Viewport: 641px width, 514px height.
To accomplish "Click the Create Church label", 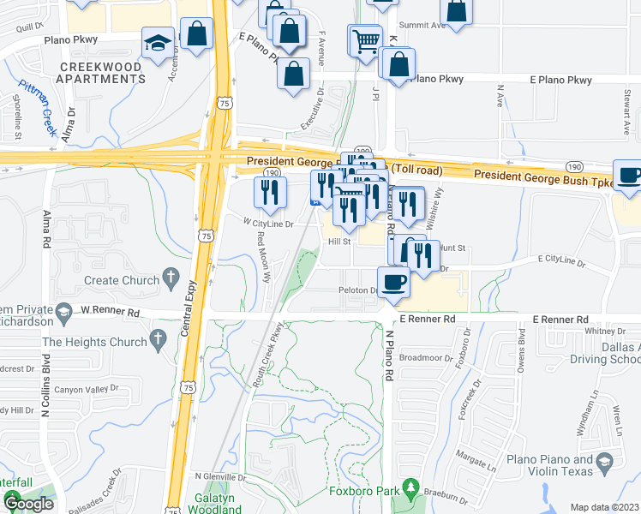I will [121, 280].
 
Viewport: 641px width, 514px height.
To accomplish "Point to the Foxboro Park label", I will [365, 492].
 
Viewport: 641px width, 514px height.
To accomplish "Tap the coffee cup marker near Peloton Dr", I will [394, 282].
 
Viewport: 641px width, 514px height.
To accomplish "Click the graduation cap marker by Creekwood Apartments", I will [159, 42].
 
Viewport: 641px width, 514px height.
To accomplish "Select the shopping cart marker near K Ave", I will [365, 39].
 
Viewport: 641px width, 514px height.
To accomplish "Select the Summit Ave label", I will [426, 26].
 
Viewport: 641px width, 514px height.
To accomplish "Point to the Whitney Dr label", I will [600, 331].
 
